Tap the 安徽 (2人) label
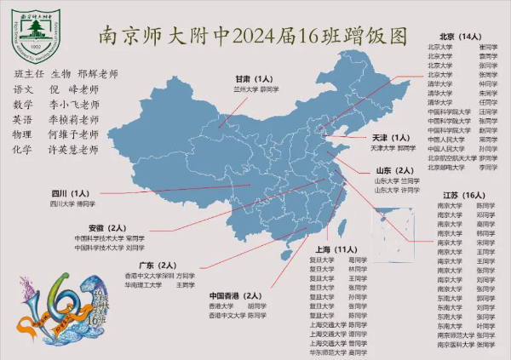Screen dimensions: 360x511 107,228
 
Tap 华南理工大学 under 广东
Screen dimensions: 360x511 145,285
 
